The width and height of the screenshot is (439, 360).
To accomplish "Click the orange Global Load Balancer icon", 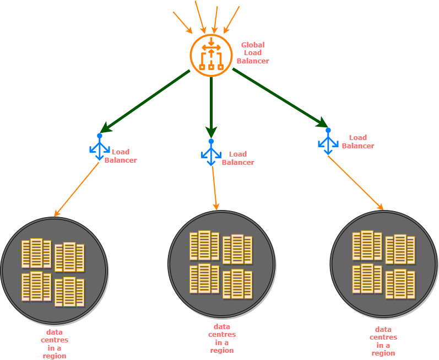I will [x=211, y=55].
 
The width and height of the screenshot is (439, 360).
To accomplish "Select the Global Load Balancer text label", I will [x=253, y=53].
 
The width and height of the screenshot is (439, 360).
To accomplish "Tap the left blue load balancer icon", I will [x=100, y=147].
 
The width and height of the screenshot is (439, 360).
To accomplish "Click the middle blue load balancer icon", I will [x=211, y=152].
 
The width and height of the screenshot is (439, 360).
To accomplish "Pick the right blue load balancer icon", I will [x=328, y=142].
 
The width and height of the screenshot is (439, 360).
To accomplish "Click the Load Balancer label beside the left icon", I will [x=121, y=156].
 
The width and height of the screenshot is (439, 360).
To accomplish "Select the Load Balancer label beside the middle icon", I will [x=238, y=158].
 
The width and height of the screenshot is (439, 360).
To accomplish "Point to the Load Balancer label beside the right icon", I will [x=358, y=142].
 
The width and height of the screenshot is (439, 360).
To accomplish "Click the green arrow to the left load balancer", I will [x=146, y=101].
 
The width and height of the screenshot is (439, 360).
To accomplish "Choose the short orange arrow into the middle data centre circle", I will [x=215, y=187].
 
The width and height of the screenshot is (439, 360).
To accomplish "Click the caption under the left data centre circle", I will [x=55, y=344].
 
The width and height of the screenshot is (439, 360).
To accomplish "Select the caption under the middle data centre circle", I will [x=222, y=338].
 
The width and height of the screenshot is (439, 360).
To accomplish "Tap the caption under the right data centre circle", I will [x=383, y=341].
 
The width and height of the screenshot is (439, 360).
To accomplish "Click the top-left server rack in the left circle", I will [x=36, y=254].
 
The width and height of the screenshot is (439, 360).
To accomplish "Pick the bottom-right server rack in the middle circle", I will [x=237, y=284].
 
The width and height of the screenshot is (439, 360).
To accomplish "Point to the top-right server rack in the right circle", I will [x=400, y=250].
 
